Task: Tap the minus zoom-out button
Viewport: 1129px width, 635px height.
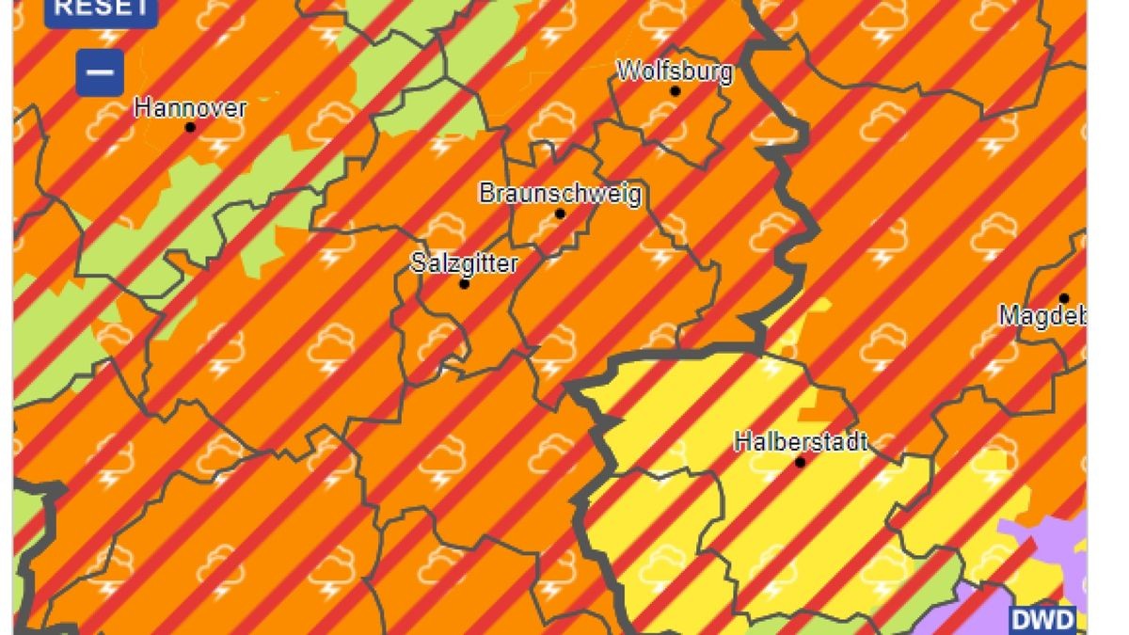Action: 100,72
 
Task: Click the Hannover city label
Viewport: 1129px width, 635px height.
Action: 190,107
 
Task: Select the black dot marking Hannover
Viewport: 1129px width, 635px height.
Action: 190,127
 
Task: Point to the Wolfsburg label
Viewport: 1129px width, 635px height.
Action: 674,71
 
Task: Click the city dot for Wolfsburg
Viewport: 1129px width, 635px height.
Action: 675,91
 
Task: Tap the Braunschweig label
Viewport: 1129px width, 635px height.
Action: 560,194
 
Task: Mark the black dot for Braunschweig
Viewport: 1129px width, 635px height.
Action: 560,214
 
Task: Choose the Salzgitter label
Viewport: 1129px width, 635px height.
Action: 464,262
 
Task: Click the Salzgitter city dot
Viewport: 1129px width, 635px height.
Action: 464,283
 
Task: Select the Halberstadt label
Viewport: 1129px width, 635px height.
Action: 801,441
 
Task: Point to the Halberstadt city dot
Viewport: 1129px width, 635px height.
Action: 800,462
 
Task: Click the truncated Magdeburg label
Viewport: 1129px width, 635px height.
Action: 1042,316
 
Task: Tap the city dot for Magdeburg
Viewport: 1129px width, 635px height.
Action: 1064,298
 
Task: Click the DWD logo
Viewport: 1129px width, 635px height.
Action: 1043,620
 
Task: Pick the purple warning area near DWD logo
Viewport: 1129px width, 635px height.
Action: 1054,546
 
